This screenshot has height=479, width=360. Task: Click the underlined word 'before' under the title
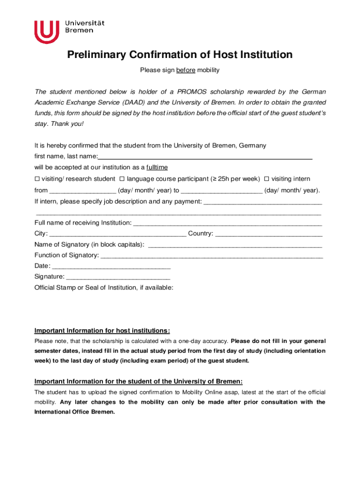click(x=186, y=70)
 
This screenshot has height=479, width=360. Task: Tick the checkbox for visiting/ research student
click(x=37, y=179)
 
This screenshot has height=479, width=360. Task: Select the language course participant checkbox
click(x=122, y=179)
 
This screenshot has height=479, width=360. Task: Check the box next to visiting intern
click(x=266, y=179)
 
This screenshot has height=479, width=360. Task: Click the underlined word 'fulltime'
click(x=157, y=167)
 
